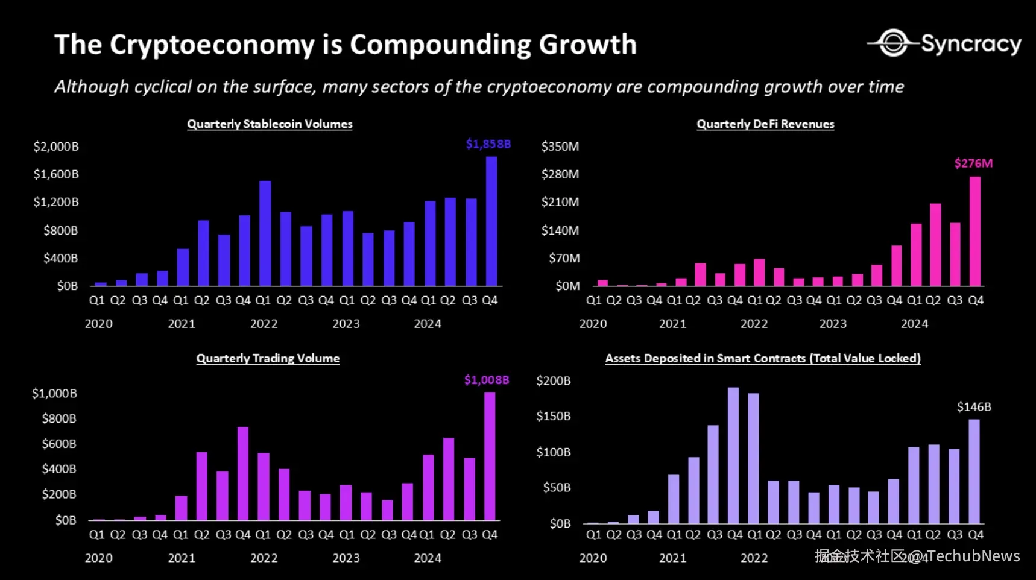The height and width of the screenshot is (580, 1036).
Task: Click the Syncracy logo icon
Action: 893,43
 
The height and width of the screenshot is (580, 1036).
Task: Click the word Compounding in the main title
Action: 440,45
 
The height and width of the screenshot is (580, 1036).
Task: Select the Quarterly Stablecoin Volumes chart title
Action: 270,124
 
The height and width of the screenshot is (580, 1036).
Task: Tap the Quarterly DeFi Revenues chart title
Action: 765,124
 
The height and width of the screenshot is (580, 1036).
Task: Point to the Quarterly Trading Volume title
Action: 268,359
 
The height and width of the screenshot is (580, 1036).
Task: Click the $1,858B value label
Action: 488,144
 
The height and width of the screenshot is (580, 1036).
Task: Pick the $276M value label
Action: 973,163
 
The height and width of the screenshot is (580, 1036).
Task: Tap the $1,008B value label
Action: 486,380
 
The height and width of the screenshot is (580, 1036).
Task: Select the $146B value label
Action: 973,407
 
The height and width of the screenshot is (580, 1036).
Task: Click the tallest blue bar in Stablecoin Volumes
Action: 491,221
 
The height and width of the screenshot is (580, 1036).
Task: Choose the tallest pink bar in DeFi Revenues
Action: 974,232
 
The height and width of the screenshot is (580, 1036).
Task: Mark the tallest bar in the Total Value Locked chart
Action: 733,455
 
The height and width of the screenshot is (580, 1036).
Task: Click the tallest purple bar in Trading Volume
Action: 490,456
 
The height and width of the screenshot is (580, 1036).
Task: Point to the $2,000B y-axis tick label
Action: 56,147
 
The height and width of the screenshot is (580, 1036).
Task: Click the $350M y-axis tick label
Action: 560,147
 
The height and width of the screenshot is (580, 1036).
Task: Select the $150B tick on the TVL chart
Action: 553,417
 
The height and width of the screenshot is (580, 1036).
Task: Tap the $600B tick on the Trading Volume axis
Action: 59,444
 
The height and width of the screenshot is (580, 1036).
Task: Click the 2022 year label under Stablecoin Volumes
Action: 264,324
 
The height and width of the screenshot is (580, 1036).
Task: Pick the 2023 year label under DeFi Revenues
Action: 833,324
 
